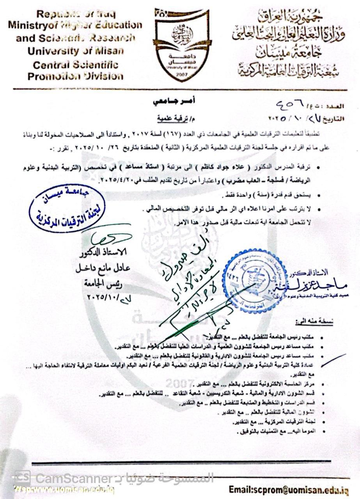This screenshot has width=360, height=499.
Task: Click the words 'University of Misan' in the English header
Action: point(76,51)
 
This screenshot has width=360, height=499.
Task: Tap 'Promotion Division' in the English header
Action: point(75,76)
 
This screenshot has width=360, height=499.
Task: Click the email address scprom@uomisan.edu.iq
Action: point(289,490)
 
